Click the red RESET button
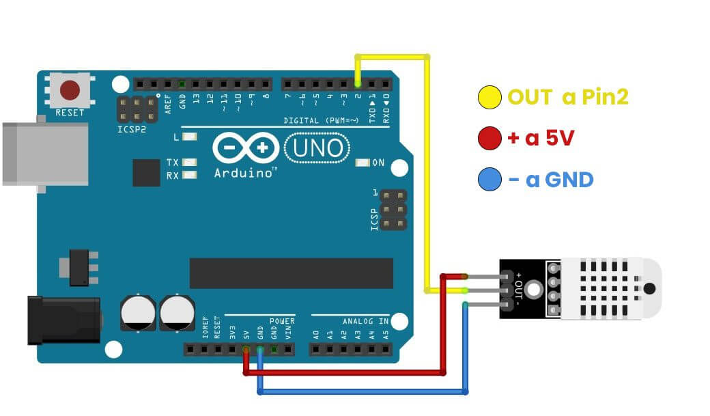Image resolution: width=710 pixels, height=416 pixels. [70, 90]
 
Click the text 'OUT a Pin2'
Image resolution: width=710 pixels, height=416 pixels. [567, 98]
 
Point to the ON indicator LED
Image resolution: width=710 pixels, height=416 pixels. [362, 163]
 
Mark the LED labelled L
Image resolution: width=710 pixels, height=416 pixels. [189, 137]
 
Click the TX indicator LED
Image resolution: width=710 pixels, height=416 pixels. [189, 163]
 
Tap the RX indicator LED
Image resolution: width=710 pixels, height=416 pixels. [189, 175]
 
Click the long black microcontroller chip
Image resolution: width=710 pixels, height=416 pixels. [291, 273]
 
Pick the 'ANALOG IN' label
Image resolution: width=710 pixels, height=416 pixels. [365, 321]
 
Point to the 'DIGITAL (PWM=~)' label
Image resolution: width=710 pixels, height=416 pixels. [321, 121]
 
